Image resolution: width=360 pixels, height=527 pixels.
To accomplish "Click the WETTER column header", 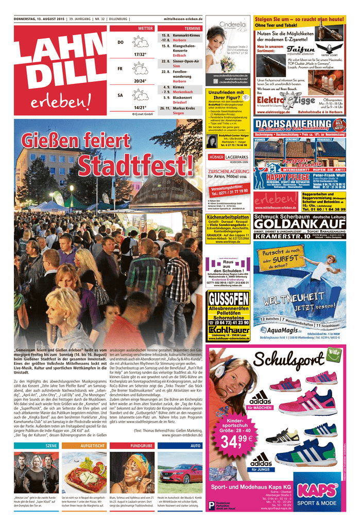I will tap(145, 28).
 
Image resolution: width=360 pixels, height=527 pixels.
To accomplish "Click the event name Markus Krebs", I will tap(184, 108).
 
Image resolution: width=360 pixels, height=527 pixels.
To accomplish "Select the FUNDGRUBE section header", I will tap(142, 445).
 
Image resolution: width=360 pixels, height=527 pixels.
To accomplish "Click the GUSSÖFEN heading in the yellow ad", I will tap(229, 300).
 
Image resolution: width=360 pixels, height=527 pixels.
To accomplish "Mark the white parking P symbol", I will tap(211, 506).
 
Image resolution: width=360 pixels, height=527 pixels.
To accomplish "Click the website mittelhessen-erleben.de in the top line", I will tap(183, 20).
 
